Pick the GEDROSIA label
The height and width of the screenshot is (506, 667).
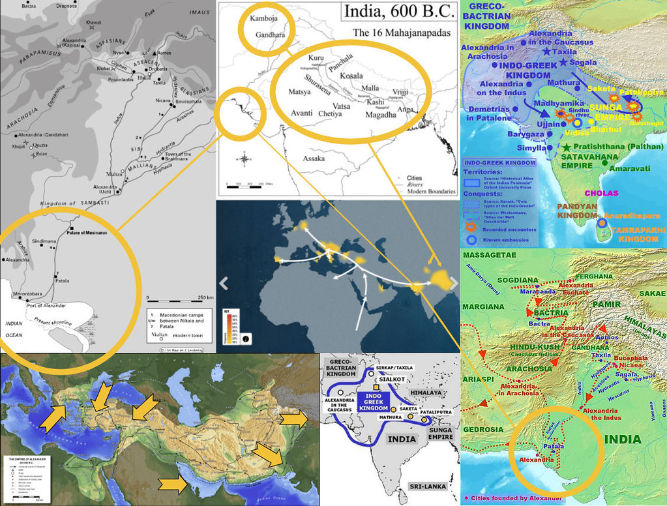(x=484, y=430)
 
